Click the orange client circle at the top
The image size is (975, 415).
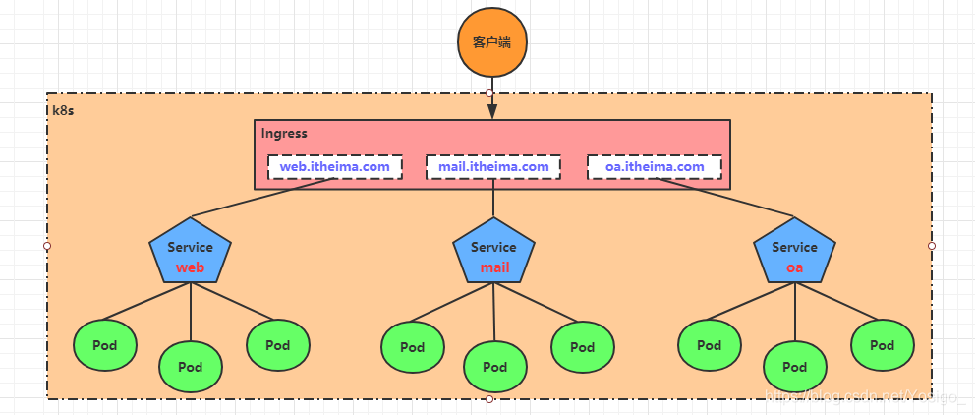tap(492, 43)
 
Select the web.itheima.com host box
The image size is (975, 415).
tap(334, 167)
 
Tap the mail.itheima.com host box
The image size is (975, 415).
tap(493, 167)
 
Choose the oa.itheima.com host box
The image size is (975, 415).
tap(654, 167)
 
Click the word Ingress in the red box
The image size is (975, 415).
tap(284, 133)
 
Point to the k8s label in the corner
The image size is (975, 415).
tap(63, 110)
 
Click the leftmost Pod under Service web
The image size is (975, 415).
tap(104, 345)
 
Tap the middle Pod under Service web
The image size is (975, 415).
tap(190, 367)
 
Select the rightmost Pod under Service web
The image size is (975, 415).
tap(277, 345)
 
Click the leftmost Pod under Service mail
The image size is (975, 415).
tap(412, 347)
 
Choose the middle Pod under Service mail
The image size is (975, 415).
tap(494, 367)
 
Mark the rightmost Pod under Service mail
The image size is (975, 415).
tap(583, 346)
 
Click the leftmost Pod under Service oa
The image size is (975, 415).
tap(709, 345)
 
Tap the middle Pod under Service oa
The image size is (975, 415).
tap(794, 367)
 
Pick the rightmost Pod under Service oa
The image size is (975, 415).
tap(882, 345)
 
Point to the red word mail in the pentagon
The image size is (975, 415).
tap(494, 267)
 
